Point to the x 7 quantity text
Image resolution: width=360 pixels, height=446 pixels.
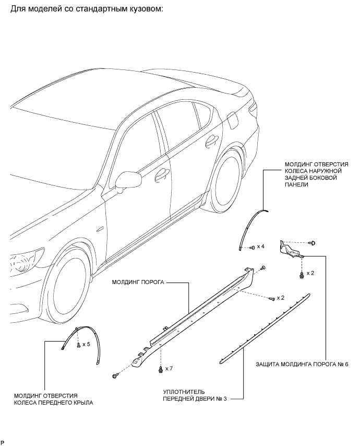[x=169, y=369]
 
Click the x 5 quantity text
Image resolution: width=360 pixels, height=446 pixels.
[x=87, y=345]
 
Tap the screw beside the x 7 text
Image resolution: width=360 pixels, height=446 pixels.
[x=160, y=368]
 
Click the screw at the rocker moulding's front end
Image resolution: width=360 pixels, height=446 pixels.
[x=115, y=375]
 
